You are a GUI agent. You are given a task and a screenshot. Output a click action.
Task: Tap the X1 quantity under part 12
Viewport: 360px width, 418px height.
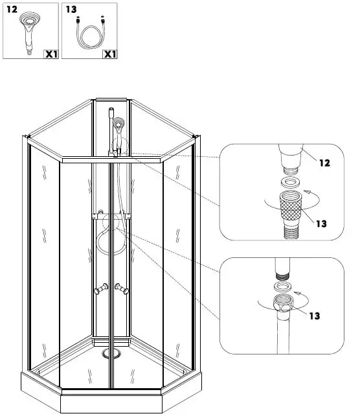point(51,54)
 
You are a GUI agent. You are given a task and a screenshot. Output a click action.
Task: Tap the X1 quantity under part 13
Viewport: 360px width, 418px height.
point(109,54)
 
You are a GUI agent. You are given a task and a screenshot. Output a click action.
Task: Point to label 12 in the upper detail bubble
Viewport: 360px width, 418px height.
point(324,163)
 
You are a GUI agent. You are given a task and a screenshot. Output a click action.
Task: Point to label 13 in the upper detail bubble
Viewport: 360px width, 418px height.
point(322,224)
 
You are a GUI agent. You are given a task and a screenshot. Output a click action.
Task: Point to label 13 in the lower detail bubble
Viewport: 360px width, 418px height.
point(315,316)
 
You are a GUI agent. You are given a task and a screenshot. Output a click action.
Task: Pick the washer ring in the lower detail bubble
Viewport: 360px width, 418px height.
point(282,286)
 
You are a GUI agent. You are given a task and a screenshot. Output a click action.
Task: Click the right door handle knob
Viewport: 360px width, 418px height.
point(122,289)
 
